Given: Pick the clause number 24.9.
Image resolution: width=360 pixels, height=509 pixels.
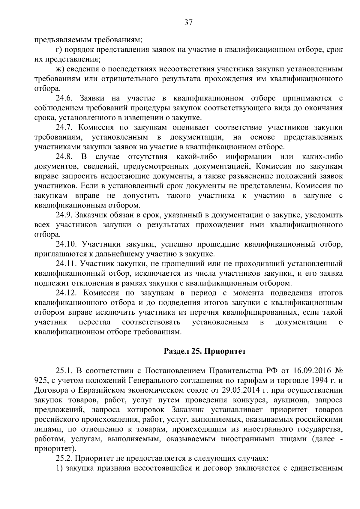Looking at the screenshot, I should (x=64, y=215).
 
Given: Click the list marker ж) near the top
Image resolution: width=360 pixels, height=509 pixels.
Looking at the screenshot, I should (x=60, y=69).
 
